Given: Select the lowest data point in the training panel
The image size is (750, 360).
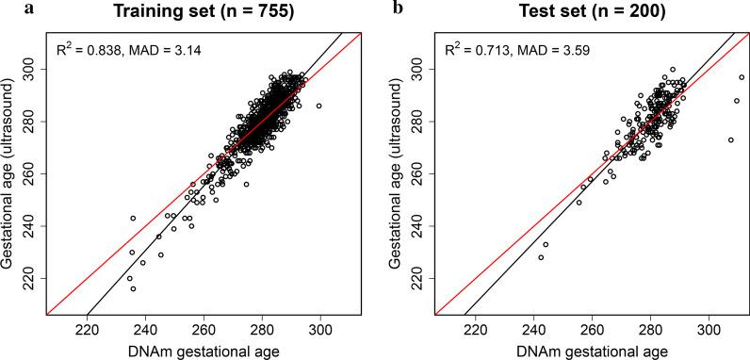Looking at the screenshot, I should click(x=133, y=288).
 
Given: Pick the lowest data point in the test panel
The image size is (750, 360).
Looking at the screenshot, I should click(x=541, y=257).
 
